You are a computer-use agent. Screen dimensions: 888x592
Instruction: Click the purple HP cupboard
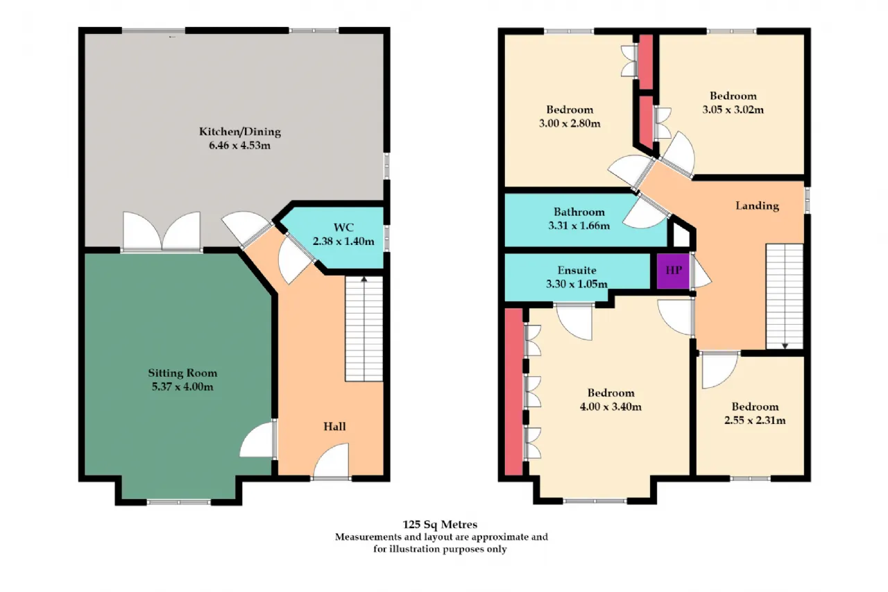(673, 271)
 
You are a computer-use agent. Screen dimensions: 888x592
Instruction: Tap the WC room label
(343, 228)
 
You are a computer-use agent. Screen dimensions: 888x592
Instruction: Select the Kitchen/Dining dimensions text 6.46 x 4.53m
(240, 146)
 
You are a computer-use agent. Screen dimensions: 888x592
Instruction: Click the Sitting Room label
(182, 373)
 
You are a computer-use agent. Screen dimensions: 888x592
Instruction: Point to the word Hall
(334, 427)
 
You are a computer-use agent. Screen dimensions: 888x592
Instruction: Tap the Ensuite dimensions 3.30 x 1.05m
(577, 284)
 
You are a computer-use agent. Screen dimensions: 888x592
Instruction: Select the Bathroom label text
(579, 212)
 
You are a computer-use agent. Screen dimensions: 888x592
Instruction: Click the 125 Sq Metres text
(440, 525)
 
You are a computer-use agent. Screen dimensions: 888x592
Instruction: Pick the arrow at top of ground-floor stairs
(364, 280)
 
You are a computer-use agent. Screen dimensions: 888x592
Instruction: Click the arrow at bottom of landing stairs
(785, 346)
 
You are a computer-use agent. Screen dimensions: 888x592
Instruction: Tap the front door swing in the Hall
(332, 461)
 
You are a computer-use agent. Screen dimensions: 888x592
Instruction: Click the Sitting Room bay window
(178, 502)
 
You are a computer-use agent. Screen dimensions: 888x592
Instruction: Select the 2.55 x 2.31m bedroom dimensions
(755, 421)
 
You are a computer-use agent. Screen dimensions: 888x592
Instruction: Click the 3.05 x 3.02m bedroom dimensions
(733, 110)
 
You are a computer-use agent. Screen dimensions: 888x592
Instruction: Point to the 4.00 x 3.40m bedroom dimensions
(610, 407)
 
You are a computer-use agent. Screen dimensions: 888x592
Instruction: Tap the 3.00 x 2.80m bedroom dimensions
(570, 124)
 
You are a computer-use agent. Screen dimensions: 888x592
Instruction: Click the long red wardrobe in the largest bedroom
(514, 391)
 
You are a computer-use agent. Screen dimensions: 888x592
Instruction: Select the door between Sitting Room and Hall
(257, 439)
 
